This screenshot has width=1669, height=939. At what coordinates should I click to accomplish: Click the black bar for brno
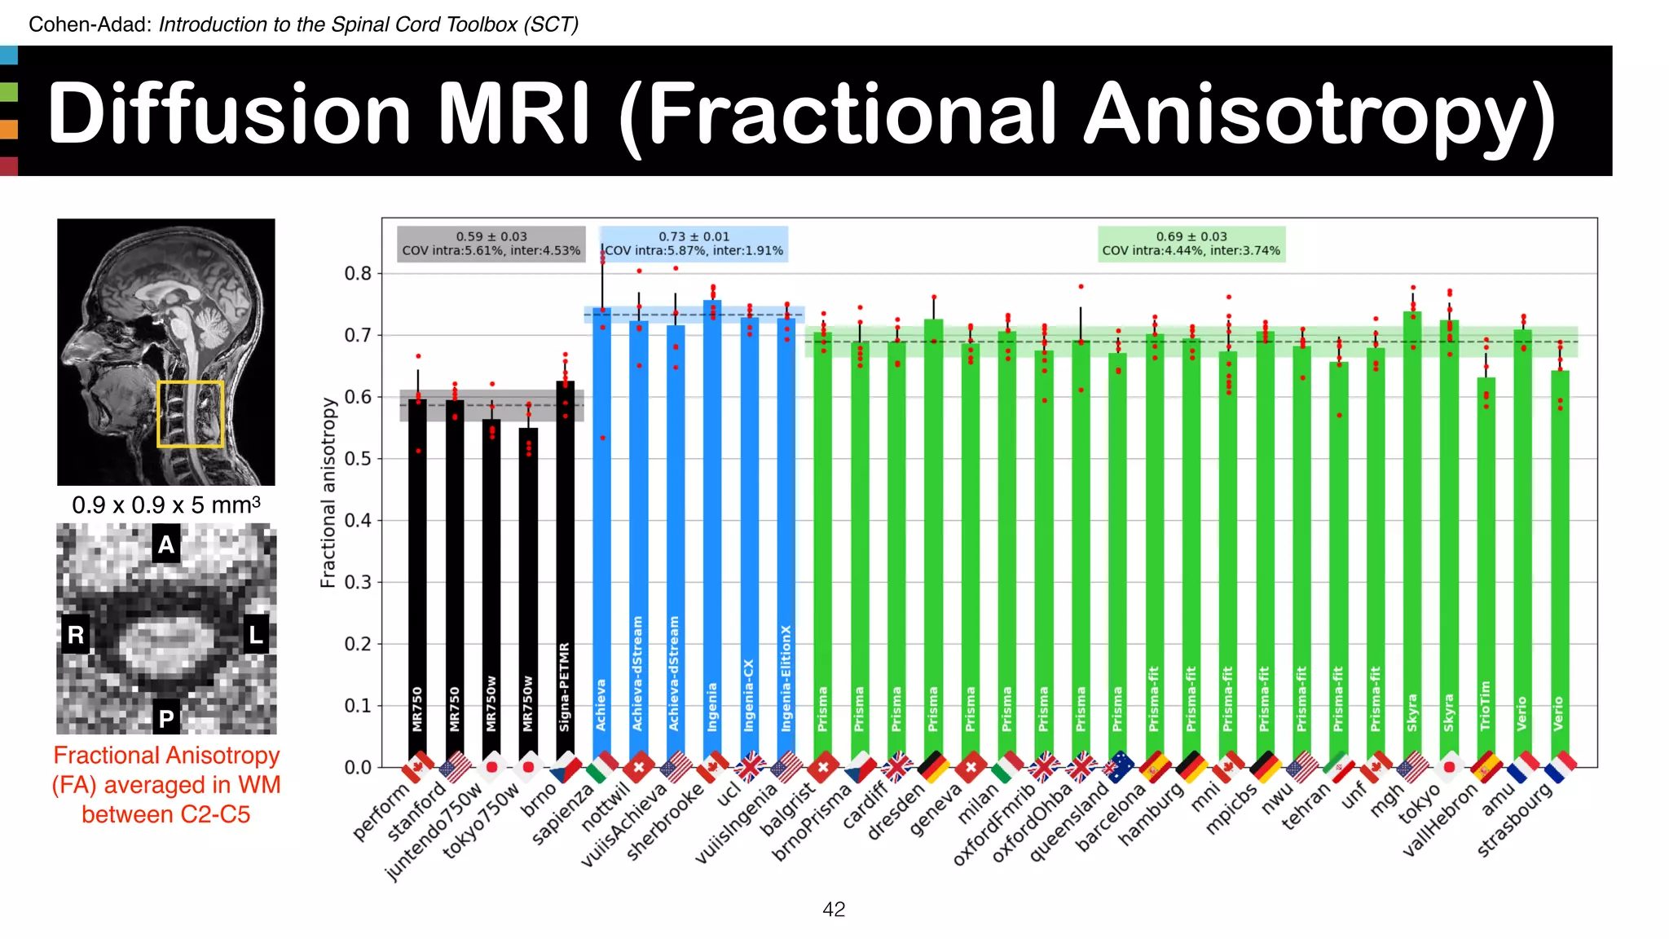[565, 571]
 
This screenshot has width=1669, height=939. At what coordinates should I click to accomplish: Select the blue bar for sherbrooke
[712, 530]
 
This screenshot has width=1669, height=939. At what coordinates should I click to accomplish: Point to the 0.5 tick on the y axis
[357, 459]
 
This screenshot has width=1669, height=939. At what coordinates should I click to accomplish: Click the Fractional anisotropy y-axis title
[328, 492]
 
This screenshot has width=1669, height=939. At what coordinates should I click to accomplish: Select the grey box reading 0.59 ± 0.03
[491, 244]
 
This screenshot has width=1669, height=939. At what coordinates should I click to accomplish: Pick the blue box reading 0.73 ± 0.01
[694, 244]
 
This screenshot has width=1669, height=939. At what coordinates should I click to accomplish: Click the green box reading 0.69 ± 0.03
[1191, 244]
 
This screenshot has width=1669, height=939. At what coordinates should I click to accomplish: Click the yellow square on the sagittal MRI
[190, 414]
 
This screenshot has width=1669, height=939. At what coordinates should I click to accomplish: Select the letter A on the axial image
[166, 544]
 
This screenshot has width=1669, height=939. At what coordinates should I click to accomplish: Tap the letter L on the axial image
[256, 635]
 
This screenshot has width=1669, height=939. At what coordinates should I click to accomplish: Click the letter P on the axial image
[166, 719]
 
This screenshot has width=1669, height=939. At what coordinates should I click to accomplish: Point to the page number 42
[834, 910]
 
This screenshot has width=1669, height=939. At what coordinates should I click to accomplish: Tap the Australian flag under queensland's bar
[1118, 766]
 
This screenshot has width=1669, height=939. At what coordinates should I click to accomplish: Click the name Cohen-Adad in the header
[89, 24]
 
